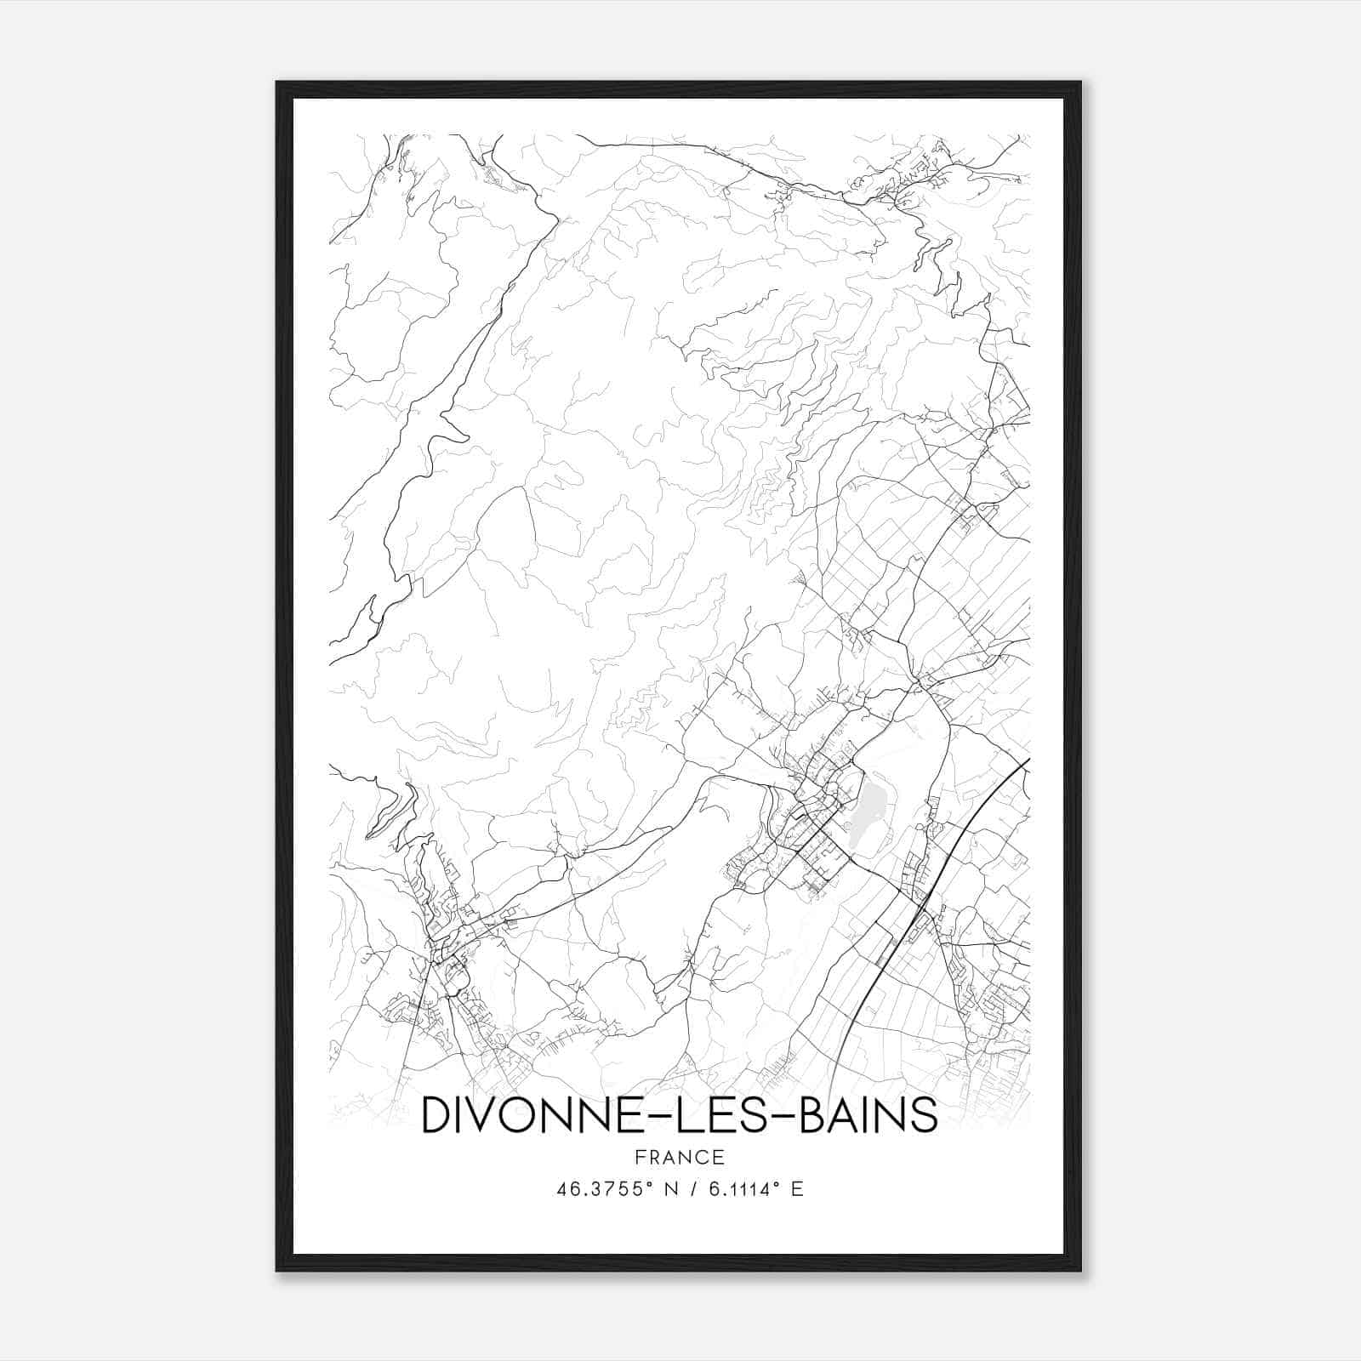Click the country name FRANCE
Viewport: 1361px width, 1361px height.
(x=679, y=1158)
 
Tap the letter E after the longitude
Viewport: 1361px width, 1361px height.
(x=797, y=1189)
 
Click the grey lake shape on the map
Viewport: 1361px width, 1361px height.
(x=868, y=805)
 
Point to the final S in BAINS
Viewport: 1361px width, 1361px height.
(x=924, y=1115)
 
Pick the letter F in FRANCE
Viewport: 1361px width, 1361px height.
(x=640, y=1158)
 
